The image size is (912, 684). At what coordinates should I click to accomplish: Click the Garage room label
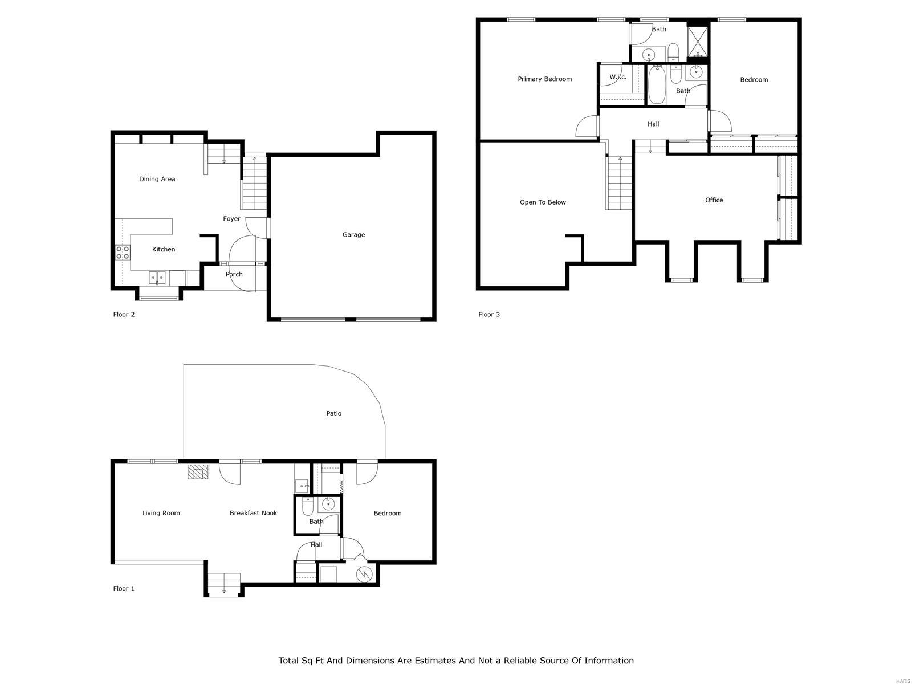pyautogui.click(x=353, y=235)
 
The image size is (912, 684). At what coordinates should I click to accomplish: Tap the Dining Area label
pyautogui.click(x=157, y=179)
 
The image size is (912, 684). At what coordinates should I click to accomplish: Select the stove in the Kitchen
pyautogui.click(x=123, y=252)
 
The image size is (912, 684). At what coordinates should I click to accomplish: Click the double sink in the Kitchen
pyautogui.click(x=157, y=278)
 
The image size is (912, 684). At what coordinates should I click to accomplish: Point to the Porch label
pyautogui.click(x=234, y=274)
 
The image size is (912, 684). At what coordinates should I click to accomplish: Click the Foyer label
pyautogui.click(x=231, y=219)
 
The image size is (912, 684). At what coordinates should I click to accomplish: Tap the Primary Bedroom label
pyautogui.click(x=545, y=79)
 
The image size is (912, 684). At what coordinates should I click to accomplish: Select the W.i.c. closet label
pyautogui.click(x=618, y=77)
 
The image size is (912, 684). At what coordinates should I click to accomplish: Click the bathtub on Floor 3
pyautogui.click(x=657, y=84)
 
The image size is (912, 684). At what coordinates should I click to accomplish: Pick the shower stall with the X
pyautogui.click(x=698, y=42)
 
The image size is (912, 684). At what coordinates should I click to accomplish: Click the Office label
pyautogui.click(x=714, y=200)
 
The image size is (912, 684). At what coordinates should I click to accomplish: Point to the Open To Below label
pyautogui.click(x=543, y=202)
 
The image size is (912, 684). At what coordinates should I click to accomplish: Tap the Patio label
pyautogui.click(x=333, y=413)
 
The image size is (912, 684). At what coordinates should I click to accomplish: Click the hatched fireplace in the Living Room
pyautogui.click(x=198, y=472)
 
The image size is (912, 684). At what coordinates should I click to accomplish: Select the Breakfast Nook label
pyautogui.click(x=253, y=513)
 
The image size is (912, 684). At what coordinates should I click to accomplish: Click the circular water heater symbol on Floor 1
pyautogui.click(x=364, y=574)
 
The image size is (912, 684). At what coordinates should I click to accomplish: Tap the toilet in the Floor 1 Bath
pyautogui.click(x=307, y=506)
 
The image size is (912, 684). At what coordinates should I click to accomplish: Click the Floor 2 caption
pyautogui.click(x=124, y=315)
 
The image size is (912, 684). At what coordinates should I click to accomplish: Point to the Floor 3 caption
pyautogui.click(x=489, y=315)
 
